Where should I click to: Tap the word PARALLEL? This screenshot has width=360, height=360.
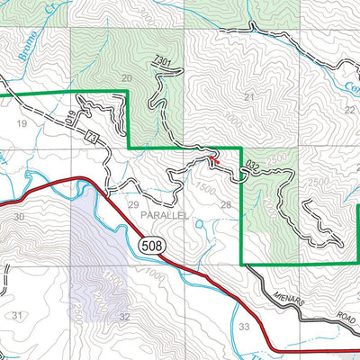[163, 217]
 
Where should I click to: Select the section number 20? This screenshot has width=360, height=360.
[127, 79]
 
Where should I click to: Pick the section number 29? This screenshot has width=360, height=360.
[133, 207]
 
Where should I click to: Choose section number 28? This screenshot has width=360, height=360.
[226, 206]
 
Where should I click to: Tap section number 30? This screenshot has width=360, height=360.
[20, 217]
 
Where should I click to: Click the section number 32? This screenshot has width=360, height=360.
[124, 318]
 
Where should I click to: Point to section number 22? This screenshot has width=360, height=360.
[349, 109]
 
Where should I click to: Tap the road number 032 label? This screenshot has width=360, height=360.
[251, 166]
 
